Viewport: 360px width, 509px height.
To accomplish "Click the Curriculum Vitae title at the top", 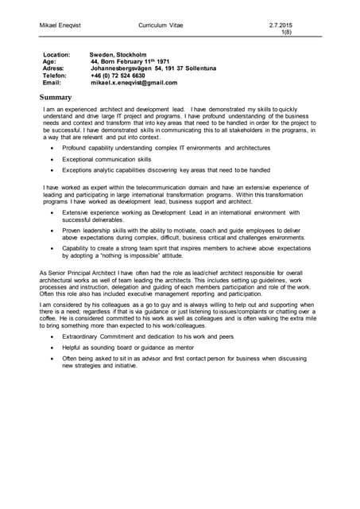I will coord(160,26).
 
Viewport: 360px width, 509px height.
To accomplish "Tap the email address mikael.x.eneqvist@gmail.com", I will coord(134,83).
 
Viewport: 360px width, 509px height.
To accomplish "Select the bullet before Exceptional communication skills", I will coord(52,159).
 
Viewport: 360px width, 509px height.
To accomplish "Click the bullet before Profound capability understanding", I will coord(52,148).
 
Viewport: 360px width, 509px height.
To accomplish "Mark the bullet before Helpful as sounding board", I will coord(52,348).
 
